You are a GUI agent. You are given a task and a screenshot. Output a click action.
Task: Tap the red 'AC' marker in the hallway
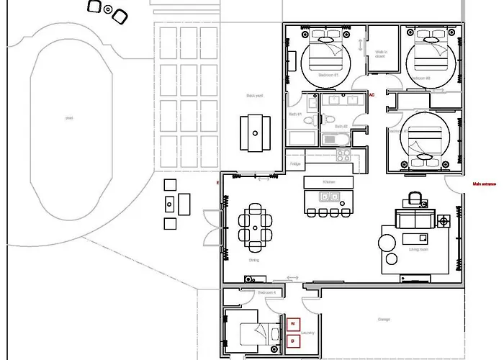372,94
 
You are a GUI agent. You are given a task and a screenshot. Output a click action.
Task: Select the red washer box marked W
292,324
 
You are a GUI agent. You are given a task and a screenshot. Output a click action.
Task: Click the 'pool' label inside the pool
69,117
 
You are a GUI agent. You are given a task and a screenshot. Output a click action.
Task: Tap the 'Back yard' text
253,95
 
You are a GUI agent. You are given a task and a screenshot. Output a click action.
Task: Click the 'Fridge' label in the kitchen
295,164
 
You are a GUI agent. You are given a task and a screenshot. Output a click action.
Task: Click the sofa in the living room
414,219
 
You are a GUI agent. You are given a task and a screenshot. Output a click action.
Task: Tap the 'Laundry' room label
307,333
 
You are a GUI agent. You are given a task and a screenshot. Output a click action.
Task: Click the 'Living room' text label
419,250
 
